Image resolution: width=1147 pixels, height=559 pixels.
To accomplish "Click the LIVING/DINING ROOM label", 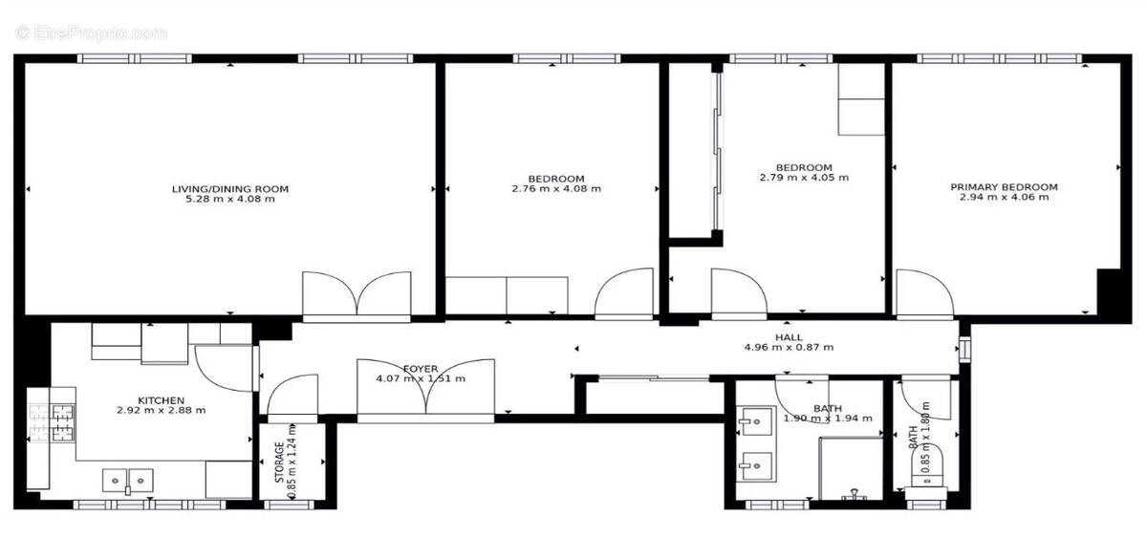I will pos(229,188).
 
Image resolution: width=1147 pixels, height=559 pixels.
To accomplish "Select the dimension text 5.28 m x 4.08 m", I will pos(229,199).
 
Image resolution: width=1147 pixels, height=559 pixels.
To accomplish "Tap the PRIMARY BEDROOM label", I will pos(1004,187).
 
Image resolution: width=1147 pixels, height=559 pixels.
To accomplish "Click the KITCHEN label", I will pos(161,399).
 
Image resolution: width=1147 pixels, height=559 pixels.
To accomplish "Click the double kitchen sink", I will pos(127,478).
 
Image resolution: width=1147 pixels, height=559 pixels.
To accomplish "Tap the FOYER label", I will pos(421,368).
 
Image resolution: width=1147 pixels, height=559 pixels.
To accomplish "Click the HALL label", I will pos(789,337).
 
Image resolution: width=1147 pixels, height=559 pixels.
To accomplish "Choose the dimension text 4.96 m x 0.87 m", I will pos(789,348).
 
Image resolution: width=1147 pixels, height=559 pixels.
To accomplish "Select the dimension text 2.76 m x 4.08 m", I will pos(556,189).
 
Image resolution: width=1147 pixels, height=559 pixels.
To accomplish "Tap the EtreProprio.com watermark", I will pos(92,32).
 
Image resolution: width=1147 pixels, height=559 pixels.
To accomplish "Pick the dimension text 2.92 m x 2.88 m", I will pos(161,410).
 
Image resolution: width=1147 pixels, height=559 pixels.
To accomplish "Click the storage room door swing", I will pos(292,397).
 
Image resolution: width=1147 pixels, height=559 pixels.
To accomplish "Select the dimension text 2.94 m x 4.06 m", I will pos(1004,198).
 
